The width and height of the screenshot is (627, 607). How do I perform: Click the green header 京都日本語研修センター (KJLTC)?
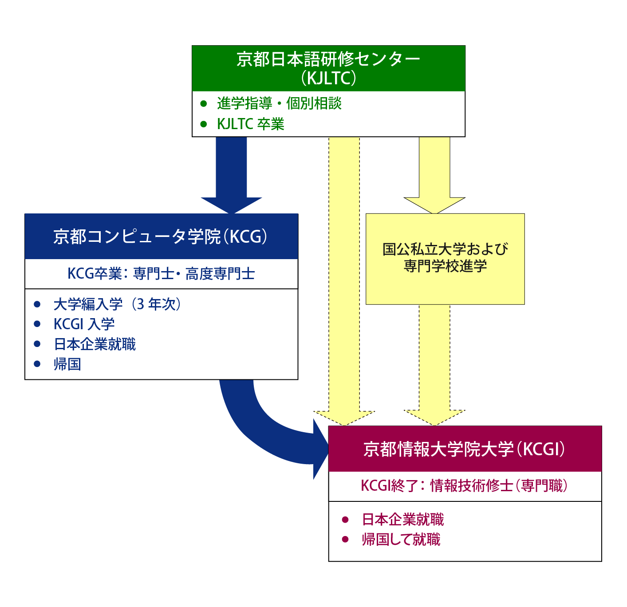[x=328, y=68]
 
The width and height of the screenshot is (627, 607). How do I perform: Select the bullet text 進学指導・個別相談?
[x=279, y=103]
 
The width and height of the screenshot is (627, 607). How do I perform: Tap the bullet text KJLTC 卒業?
[x=250, y=124]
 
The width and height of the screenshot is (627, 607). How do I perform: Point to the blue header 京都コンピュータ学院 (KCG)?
[x=161, y=236]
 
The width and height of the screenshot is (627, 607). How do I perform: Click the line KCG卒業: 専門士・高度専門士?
[x=161, y=274]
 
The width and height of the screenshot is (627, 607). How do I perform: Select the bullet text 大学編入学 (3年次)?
[x=117, y=304]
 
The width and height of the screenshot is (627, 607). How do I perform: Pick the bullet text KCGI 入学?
[x=84, y=324]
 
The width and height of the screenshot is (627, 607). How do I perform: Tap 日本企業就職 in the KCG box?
[x=95, y=344]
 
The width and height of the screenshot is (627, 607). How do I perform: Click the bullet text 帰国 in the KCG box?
[x=67, y=364]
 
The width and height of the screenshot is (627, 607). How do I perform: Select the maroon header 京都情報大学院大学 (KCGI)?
[x=465, y=449]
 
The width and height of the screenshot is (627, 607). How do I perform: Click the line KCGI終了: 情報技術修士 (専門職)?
[x=465, y=486]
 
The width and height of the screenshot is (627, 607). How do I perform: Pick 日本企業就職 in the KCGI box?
[x=403, y=520]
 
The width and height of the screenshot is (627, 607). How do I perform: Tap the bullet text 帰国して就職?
[x=401, y=540]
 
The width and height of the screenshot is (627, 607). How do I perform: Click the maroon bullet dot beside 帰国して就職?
[x=345, y=540]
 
